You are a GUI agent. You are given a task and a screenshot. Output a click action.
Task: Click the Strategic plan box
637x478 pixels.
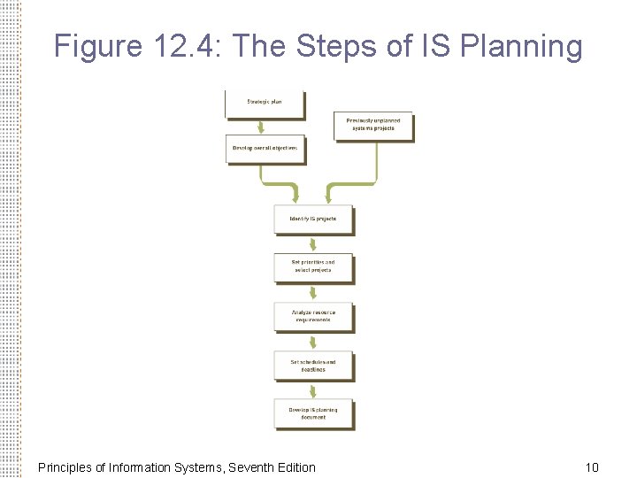click(x=264, y=104)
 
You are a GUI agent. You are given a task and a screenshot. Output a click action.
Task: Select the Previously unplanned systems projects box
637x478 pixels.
click(x=372, y=125)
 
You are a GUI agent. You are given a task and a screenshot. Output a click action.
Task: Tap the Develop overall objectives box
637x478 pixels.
click(x=265, y=149)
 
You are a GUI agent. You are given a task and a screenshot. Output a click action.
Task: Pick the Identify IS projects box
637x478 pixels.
click(x=313, y=220)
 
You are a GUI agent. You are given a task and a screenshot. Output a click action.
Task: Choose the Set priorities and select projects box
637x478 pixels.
click(x=313, y=266)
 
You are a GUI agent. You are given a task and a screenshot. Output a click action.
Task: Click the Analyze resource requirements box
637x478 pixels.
click(x=313, y=316)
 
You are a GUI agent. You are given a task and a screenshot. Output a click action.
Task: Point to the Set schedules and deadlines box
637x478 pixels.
click(x=313, y=366)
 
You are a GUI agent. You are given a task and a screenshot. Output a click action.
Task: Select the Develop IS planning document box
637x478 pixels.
click(x=313, y=413)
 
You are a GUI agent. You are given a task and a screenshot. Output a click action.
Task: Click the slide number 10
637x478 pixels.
click(x=592, y=466)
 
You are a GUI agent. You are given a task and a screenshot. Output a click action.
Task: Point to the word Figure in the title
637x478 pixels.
click(x=96, y=45)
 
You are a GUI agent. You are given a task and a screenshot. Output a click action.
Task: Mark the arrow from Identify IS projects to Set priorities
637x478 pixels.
click(x=313, y=243)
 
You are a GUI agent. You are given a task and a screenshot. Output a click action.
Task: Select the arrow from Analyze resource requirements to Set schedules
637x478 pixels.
click(x=313, y=342)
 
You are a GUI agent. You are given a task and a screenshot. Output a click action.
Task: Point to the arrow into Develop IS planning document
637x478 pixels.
click(x=313, y=390)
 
